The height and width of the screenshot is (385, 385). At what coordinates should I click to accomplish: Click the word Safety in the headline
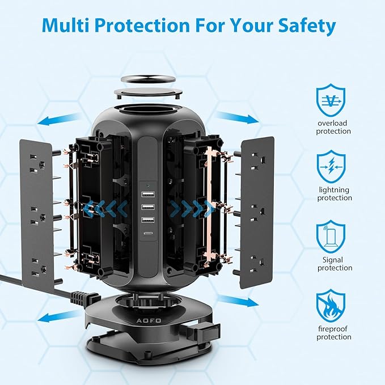click(307, 26)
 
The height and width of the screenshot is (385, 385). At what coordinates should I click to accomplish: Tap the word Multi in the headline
click(65, 24)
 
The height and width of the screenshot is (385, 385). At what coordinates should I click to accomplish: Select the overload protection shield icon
click(331, 100)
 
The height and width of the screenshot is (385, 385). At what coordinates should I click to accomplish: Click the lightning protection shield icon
click(331, 167)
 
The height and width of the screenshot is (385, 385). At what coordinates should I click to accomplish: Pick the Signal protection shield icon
click(331, 236)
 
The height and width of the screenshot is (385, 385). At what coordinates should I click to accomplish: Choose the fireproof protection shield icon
click(331, 306)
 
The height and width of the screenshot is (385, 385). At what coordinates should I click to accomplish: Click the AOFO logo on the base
click(149, 320)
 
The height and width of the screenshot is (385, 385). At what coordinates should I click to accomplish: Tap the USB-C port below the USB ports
click(147, 233)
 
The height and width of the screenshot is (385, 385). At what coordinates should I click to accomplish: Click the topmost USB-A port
click(148, 194)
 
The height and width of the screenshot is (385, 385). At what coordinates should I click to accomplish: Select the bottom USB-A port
click(148, 220)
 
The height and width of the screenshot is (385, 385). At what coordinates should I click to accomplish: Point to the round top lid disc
click(148, 79)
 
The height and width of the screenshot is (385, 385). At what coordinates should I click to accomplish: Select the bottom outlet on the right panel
click(257, 264)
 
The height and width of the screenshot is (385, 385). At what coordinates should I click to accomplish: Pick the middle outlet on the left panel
click(38, 216)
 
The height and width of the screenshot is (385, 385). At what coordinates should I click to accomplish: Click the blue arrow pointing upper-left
click(59, 119)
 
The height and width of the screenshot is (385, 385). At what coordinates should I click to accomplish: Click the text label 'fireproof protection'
click(333, 333)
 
